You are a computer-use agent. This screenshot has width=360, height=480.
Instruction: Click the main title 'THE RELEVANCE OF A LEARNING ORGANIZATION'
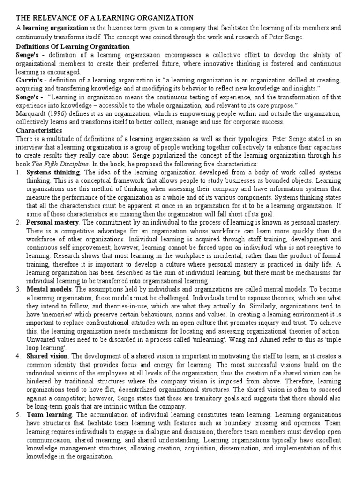105,18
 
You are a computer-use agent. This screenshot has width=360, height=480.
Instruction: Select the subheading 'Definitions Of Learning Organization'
73,46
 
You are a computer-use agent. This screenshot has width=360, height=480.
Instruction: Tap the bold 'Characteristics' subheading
39,130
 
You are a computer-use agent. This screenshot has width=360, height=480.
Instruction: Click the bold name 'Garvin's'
30,80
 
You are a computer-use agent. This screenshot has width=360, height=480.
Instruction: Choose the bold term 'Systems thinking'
52,172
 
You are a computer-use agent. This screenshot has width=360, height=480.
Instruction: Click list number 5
18,415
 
